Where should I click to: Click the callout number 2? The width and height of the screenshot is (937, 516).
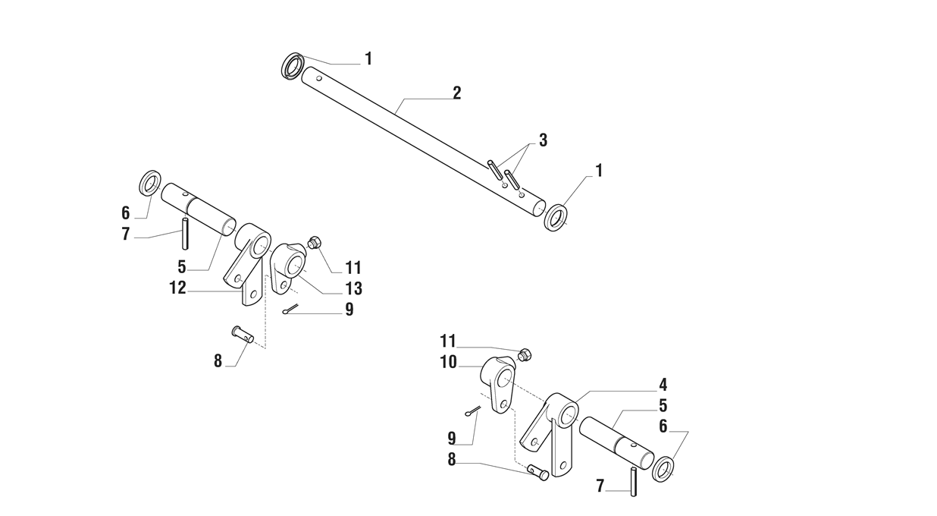pyautogui.click(x=456, y=93)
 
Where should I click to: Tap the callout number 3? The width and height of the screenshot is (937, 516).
pyautogui.click(x=543, y=140)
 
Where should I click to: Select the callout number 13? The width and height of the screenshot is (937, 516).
pyautogui.click(x=353, y=288)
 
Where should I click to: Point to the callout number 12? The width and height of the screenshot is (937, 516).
pyautogui.click(x=177, y=287)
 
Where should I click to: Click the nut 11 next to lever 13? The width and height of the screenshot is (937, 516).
pyautogui.click(x=315, y=243)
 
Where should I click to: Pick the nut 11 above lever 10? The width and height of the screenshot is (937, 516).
pyautogui.click(x=524, y=354)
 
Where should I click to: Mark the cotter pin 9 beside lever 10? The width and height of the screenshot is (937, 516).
pyautogui.click(x=472, y=411)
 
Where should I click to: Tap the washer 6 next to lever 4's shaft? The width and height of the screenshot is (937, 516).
pyautogui.click(x=663, y=467)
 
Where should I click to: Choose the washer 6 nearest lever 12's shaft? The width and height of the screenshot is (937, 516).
pyautogui.click(x=150, y=184)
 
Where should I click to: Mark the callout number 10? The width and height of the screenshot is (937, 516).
pyautogui.click(x=448, y=362)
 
